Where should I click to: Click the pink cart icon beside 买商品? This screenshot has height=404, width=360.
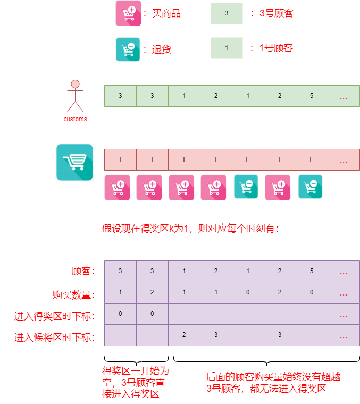coord(128,13)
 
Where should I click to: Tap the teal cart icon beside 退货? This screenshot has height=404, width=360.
coord(128,49)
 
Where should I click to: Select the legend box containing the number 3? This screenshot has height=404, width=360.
coord(227,13)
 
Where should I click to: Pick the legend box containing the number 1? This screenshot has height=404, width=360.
coord(227,48)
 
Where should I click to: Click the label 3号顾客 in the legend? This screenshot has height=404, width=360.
coord(276,14)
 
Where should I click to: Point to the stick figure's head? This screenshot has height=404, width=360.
coord(75,84)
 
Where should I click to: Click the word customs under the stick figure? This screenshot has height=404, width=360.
coord(75,119)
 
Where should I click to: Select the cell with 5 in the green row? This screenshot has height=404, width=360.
coord(312,96)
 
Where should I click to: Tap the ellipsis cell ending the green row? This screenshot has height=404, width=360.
coord(344,96)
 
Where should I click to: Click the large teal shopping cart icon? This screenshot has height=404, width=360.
coord(75,163)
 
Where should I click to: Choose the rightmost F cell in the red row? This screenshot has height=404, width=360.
coord(312,159)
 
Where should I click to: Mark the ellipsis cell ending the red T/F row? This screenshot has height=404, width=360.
coord(344,159)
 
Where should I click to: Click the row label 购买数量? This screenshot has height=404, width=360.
coord(73,294)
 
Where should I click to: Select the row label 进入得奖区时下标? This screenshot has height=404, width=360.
coord(54,316)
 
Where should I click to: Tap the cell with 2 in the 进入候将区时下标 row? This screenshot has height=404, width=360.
coord(184,335)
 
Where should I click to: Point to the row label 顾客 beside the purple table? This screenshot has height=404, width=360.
coord(83,272)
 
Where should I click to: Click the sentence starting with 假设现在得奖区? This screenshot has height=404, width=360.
coord(190,229)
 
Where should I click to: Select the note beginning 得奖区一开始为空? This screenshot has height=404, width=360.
coord(136,382)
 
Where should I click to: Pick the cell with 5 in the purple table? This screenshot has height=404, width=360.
coord(312,271)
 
